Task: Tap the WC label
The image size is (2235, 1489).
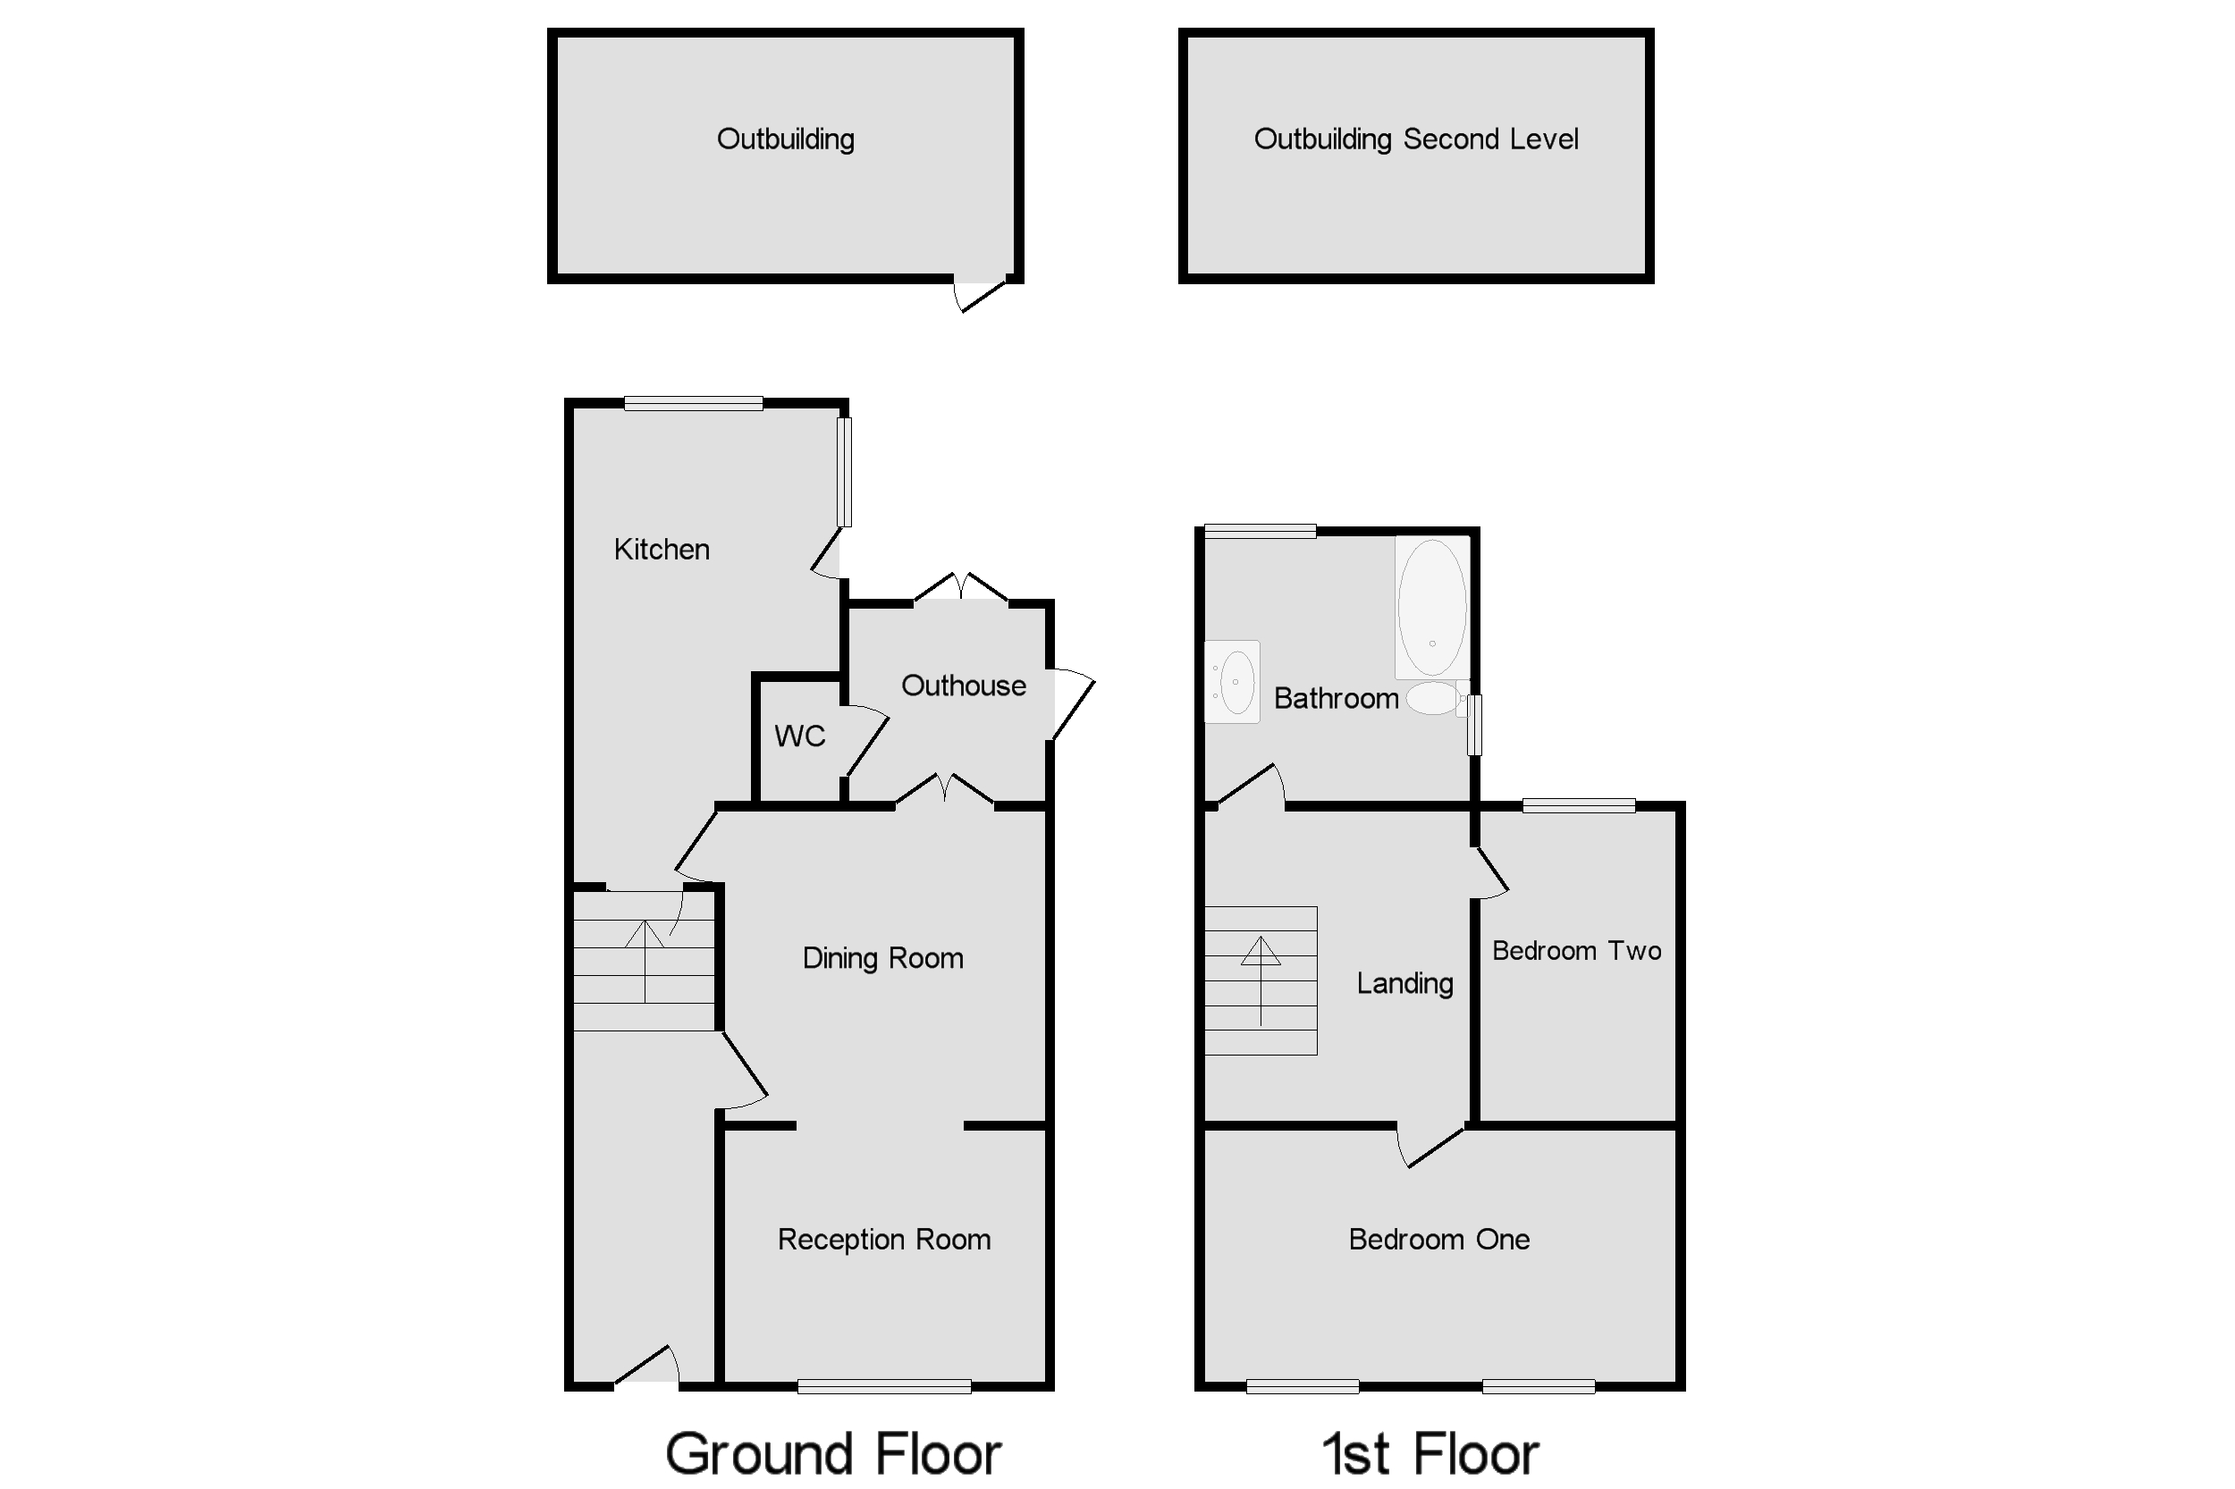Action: pyautogui.click(x=799, y=736)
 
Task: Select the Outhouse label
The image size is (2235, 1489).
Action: pyautogui.click(x=963, y=686)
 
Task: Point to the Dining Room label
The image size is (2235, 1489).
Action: pyautogui.click(x=882, y=958)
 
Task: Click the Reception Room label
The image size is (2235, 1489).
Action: pyautogui.click(x=883, y=1240)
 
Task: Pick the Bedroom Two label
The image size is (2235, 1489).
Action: pyautogui.click(x=1576, y=951)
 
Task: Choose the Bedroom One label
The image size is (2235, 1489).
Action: pyautogui.click(x=1438, y=1240)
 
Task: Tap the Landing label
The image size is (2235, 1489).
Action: pyautogui.click(x=1404, y=983)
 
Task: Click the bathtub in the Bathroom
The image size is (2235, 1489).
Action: pyautogui.click(x=1431, y=608)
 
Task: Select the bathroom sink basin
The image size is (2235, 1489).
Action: pyautogui.click(x=1236, y=682)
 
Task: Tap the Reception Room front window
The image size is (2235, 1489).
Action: pyautogui.click(x=883, y=1386)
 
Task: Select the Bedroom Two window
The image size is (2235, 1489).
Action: pyautogui.click(x=1579, y=805)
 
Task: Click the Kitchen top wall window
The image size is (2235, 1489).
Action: pyautogui.click(x=694, y=404)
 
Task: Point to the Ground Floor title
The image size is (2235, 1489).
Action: pyautogui.click(x=833, y=1454)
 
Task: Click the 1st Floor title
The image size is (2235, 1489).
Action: pyautogui.click(x=1430, y=1454)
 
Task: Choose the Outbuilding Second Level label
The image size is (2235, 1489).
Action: pyautogui.click(x=1415, y=139)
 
